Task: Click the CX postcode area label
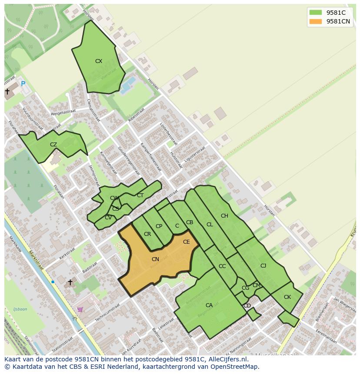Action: (x=99, y=61)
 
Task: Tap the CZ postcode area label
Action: (x=53, y=145)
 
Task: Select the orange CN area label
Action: (x=155, y=259)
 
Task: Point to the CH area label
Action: (x=224, y=216)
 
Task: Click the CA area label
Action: (x=209, y=305)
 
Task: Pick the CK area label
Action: (x=287, y=297)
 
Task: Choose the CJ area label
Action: (x=263, y=266)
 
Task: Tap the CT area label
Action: (x=140, y=195)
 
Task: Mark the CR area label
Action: (x=147, y=234)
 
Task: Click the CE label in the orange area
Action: (x=186, y=242)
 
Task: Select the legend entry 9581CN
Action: (x=338, y=21)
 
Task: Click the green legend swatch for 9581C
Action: (x=316, y=13)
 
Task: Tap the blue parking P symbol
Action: (x=23, y=84)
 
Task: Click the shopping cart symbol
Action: (x=80, y=309)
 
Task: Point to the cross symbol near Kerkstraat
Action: (x=70, y=282)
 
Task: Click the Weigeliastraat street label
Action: (x=63, y=112)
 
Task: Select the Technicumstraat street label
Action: (x=107, y=312)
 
